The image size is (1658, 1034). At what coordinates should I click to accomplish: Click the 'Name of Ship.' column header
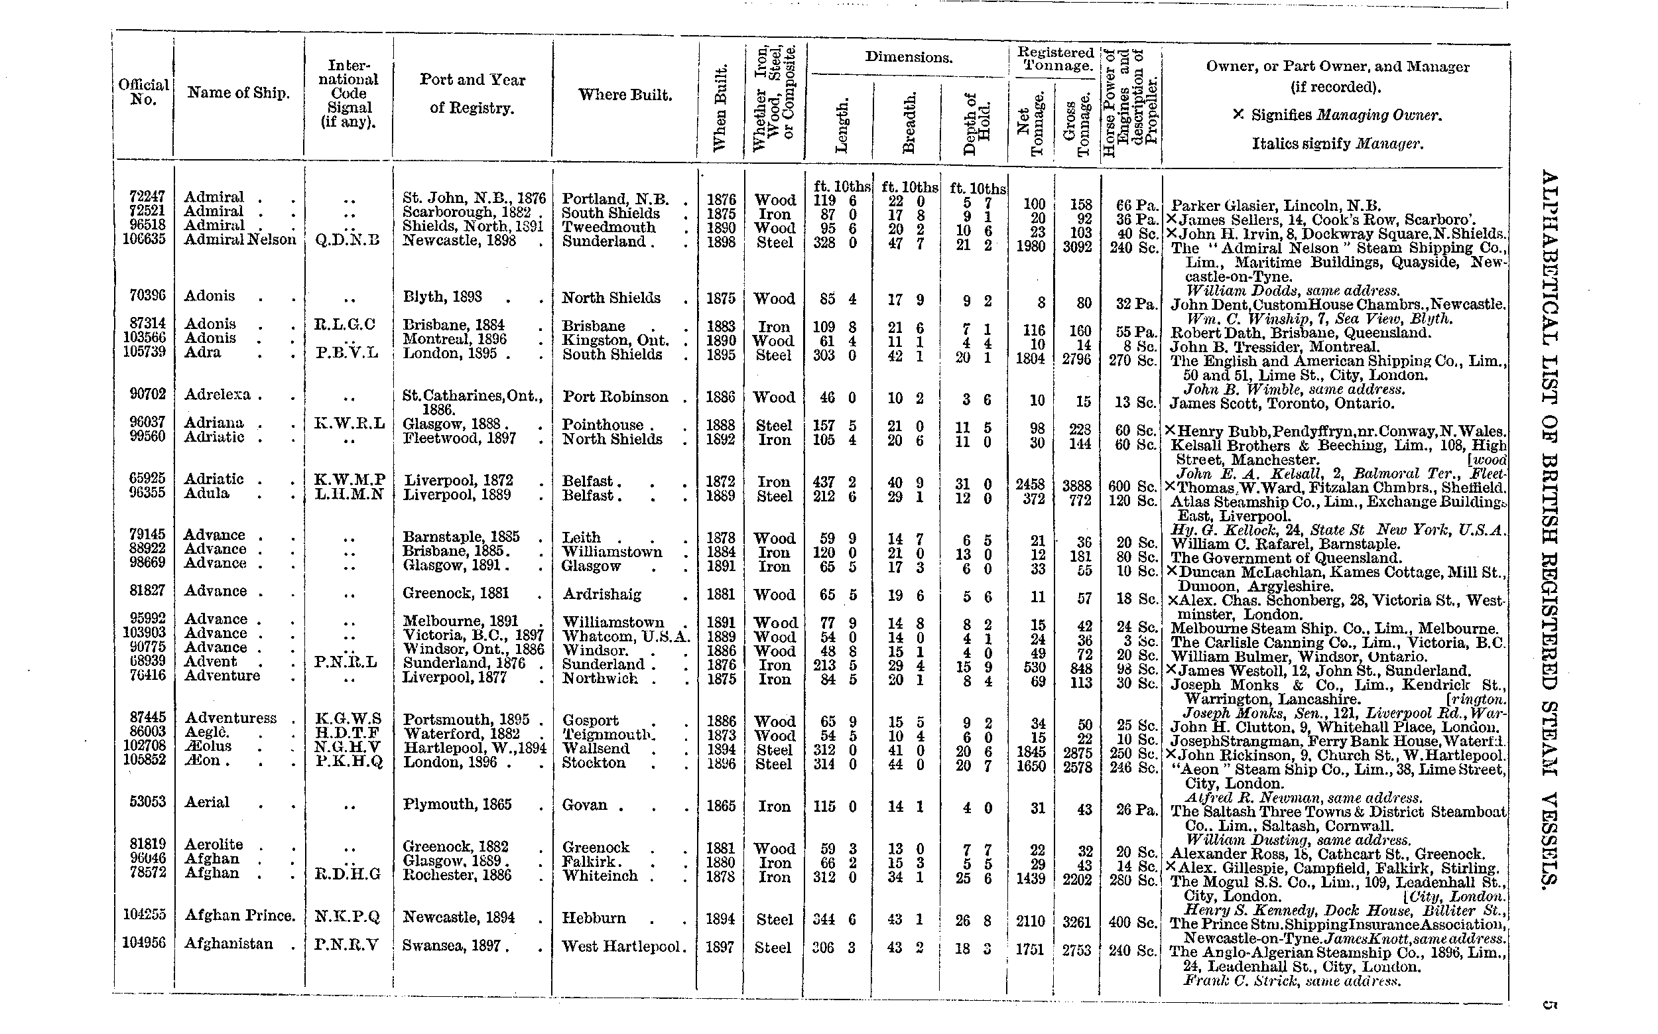click(238, 93)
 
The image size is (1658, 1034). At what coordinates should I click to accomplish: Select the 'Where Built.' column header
click(625, 95)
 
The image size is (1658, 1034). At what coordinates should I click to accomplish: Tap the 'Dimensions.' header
click(908, 58)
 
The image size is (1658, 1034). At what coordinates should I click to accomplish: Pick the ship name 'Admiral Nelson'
click(240, 239)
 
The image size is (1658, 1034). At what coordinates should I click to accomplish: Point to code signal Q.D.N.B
click(348, 241)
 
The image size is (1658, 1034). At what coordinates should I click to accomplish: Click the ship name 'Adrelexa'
click(218, 395)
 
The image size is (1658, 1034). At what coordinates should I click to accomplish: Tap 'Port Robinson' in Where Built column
click(615, 397)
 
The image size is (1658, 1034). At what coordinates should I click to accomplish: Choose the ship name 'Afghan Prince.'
click(240, 916)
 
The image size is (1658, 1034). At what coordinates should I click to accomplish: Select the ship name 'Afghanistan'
click(228, 944)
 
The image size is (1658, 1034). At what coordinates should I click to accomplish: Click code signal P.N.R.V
click(346, 944)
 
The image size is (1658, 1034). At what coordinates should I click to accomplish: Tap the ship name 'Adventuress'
click(230, 718)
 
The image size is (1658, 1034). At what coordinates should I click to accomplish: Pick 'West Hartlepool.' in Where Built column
click(623, 946)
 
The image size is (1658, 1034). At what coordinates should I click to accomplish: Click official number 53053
click(148, 801)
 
